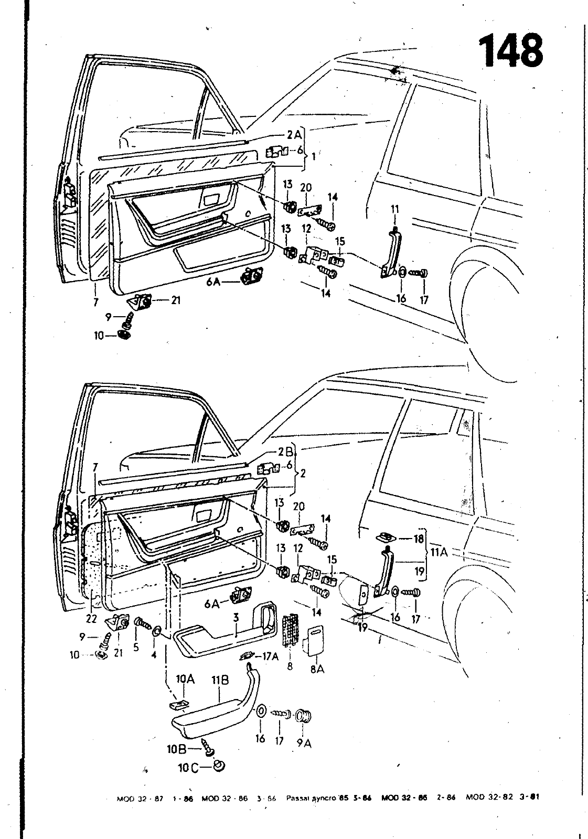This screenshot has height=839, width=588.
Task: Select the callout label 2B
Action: pyautogui.click(x=285, y=453)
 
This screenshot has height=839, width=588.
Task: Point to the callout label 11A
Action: pyautogui.click(x=439, y=553)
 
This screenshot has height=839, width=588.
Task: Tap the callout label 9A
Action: pyautogui.click(x=304, y=743)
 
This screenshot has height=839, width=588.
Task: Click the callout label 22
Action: pyautogui.click(x=92, y=619)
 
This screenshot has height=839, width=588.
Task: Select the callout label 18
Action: pyautogui.click(x=418, y=538)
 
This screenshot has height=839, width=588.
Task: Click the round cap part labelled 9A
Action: pyautogui.click(x=304, y=715)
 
